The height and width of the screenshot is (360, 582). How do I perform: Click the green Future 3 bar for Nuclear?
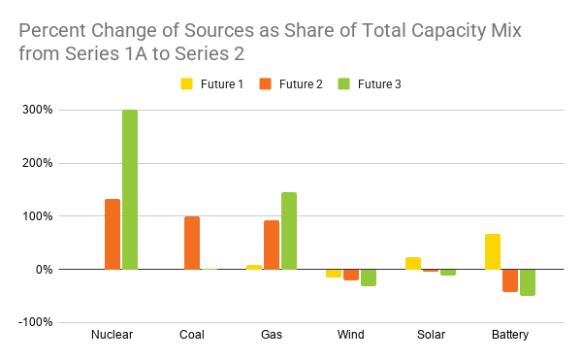tap(130, 189)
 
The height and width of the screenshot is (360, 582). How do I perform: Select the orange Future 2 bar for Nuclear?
tap(113, 234)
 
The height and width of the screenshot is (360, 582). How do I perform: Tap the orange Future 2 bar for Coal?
tap(192, 244)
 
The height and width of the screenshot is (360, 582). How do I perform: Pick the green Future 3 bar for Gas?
tap(289, 231)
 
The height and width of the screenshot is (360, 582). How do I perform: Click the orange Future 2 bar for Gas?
tap(272, 245)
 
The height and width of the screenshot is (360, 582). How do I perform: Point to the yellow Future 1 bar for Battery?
tap(493, 251)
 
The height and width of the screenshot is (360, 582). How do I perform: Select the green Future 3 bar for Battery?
tap(528, 282)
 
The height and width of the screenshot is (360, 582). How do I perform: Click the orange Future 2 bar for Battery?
tap(510, 280)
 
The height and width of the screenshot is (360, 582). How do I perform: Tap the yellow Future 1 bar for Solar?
tap(413, 264)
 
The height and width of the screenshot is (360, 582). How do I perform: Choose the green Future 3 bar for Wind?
tap(369, 278)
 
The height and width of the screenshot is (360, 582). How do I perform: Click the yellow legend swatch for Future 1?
tap(186, 83)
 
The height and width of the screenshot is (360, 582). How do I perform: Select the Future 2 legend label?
tap(301, 84)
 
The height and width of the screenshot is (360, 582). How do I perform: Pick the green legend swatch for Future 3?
tap(344, 83)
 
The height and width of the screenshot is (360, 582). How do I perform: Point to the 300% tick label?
tap(38, 110)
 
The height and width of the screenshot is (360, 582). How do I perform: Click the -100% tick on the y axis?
tap(35, 322)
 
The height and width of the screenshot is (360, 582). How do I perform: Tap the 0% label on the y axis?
tap(45, 270)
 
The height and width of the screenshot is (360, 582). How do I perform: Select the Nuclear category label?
tap(113, 335)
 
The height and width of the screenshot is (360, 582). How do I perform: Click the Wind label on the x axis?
tap(351, 335)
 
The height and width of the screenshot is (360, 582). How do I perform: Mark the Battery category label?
tap(510, 335)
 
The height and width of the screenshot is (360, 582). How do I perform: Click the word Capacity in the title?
tap(448, 31)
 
